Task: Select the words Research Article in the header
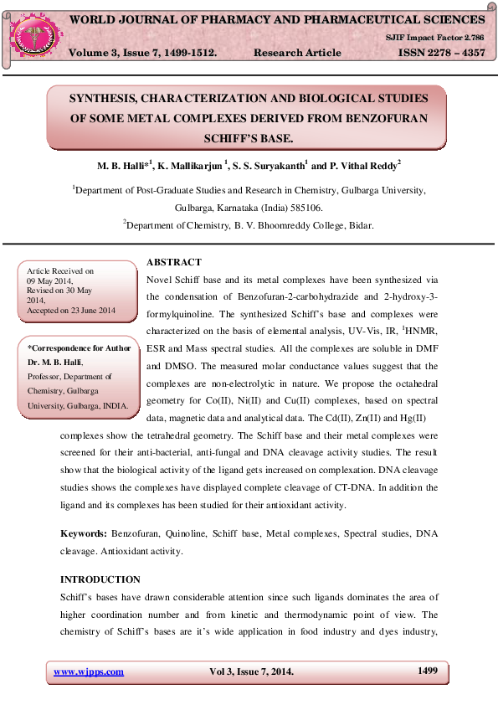(x=297, y=53)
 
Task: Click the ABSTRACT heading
(x=173, y=262)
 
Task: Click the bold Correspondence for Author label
(x=80, y=347)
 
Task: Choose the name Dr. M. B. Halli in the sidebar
(x=55, y=362)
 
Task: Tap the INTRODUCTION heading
(x=100, y=579)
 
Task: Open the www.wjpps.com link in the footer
(x=89, y=672)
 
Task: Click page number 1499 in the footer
(x=428, y=671)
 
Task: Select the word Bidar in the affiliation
(x=360, y=224)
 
